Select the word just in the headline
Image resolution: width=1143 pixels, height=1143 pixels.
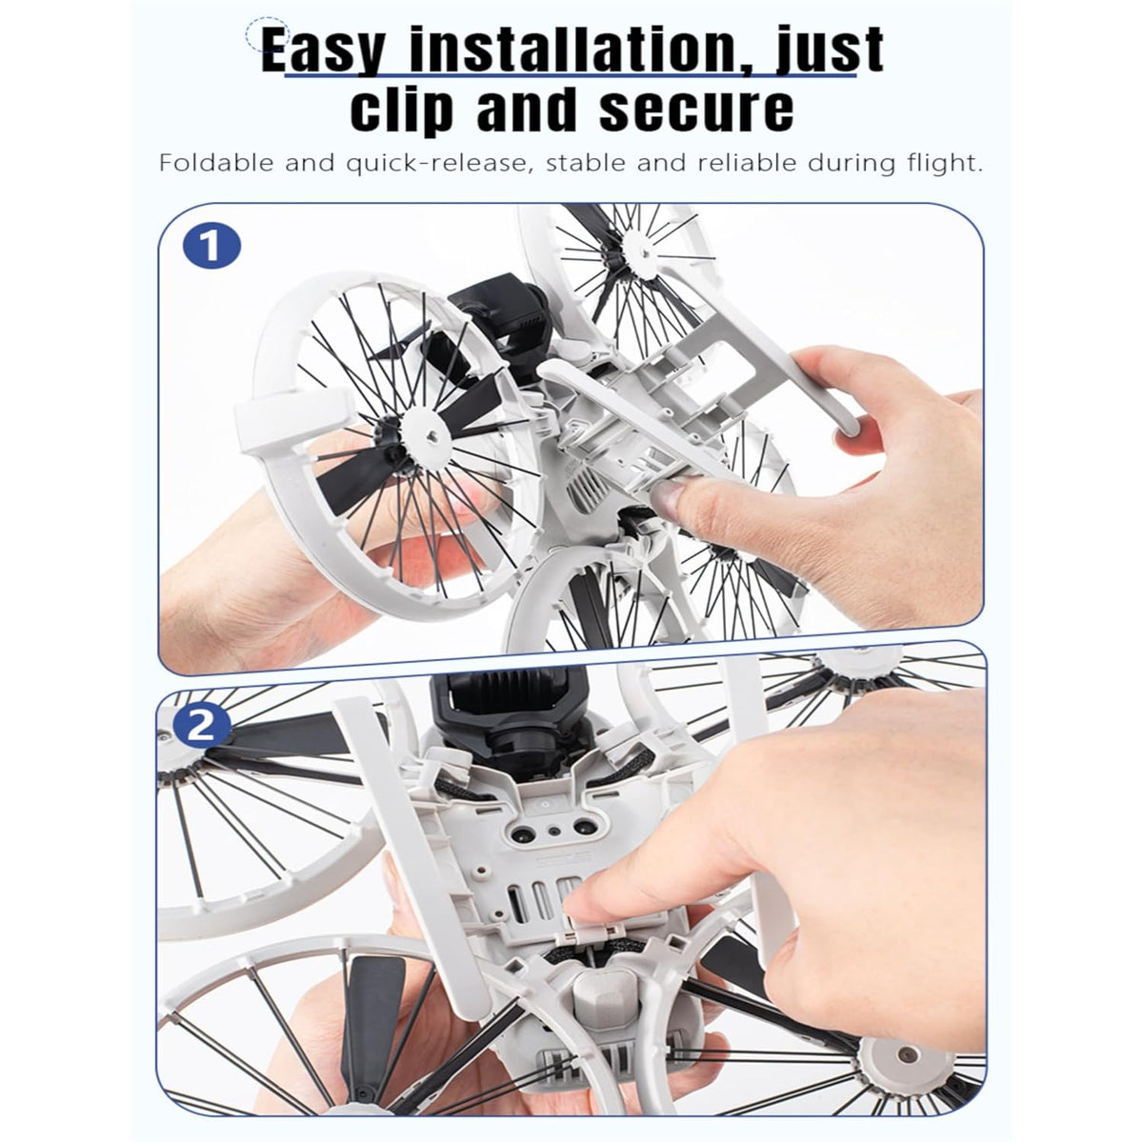pyautogui.click(x=830, y=50)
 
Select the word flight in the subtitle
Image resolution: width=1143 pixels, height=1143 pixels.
pyautogui.click(x=940, y=164)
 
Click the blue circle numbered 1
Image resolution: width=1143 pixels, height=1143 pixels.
pyautogui.click(x=211, y=246)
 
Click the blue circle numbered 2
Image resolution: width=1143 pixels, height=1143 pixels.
pyautogui.click(x=200, y=725)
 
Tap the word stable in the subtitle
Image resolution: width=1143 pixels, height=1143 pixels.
pyautogui.click(x=586, y=163)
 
